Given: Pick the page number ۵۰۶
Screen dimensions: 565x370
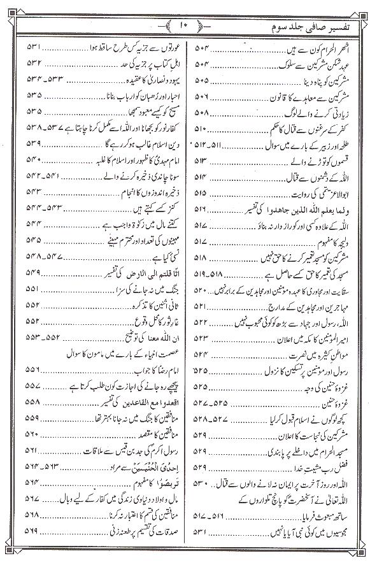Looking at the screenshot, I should point(201,101).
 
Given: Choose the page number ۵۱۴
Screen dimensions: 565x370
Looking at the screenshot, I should point(201,172).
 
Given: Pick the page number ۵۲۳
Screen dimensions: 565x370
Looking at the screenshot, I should point(201,333).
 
